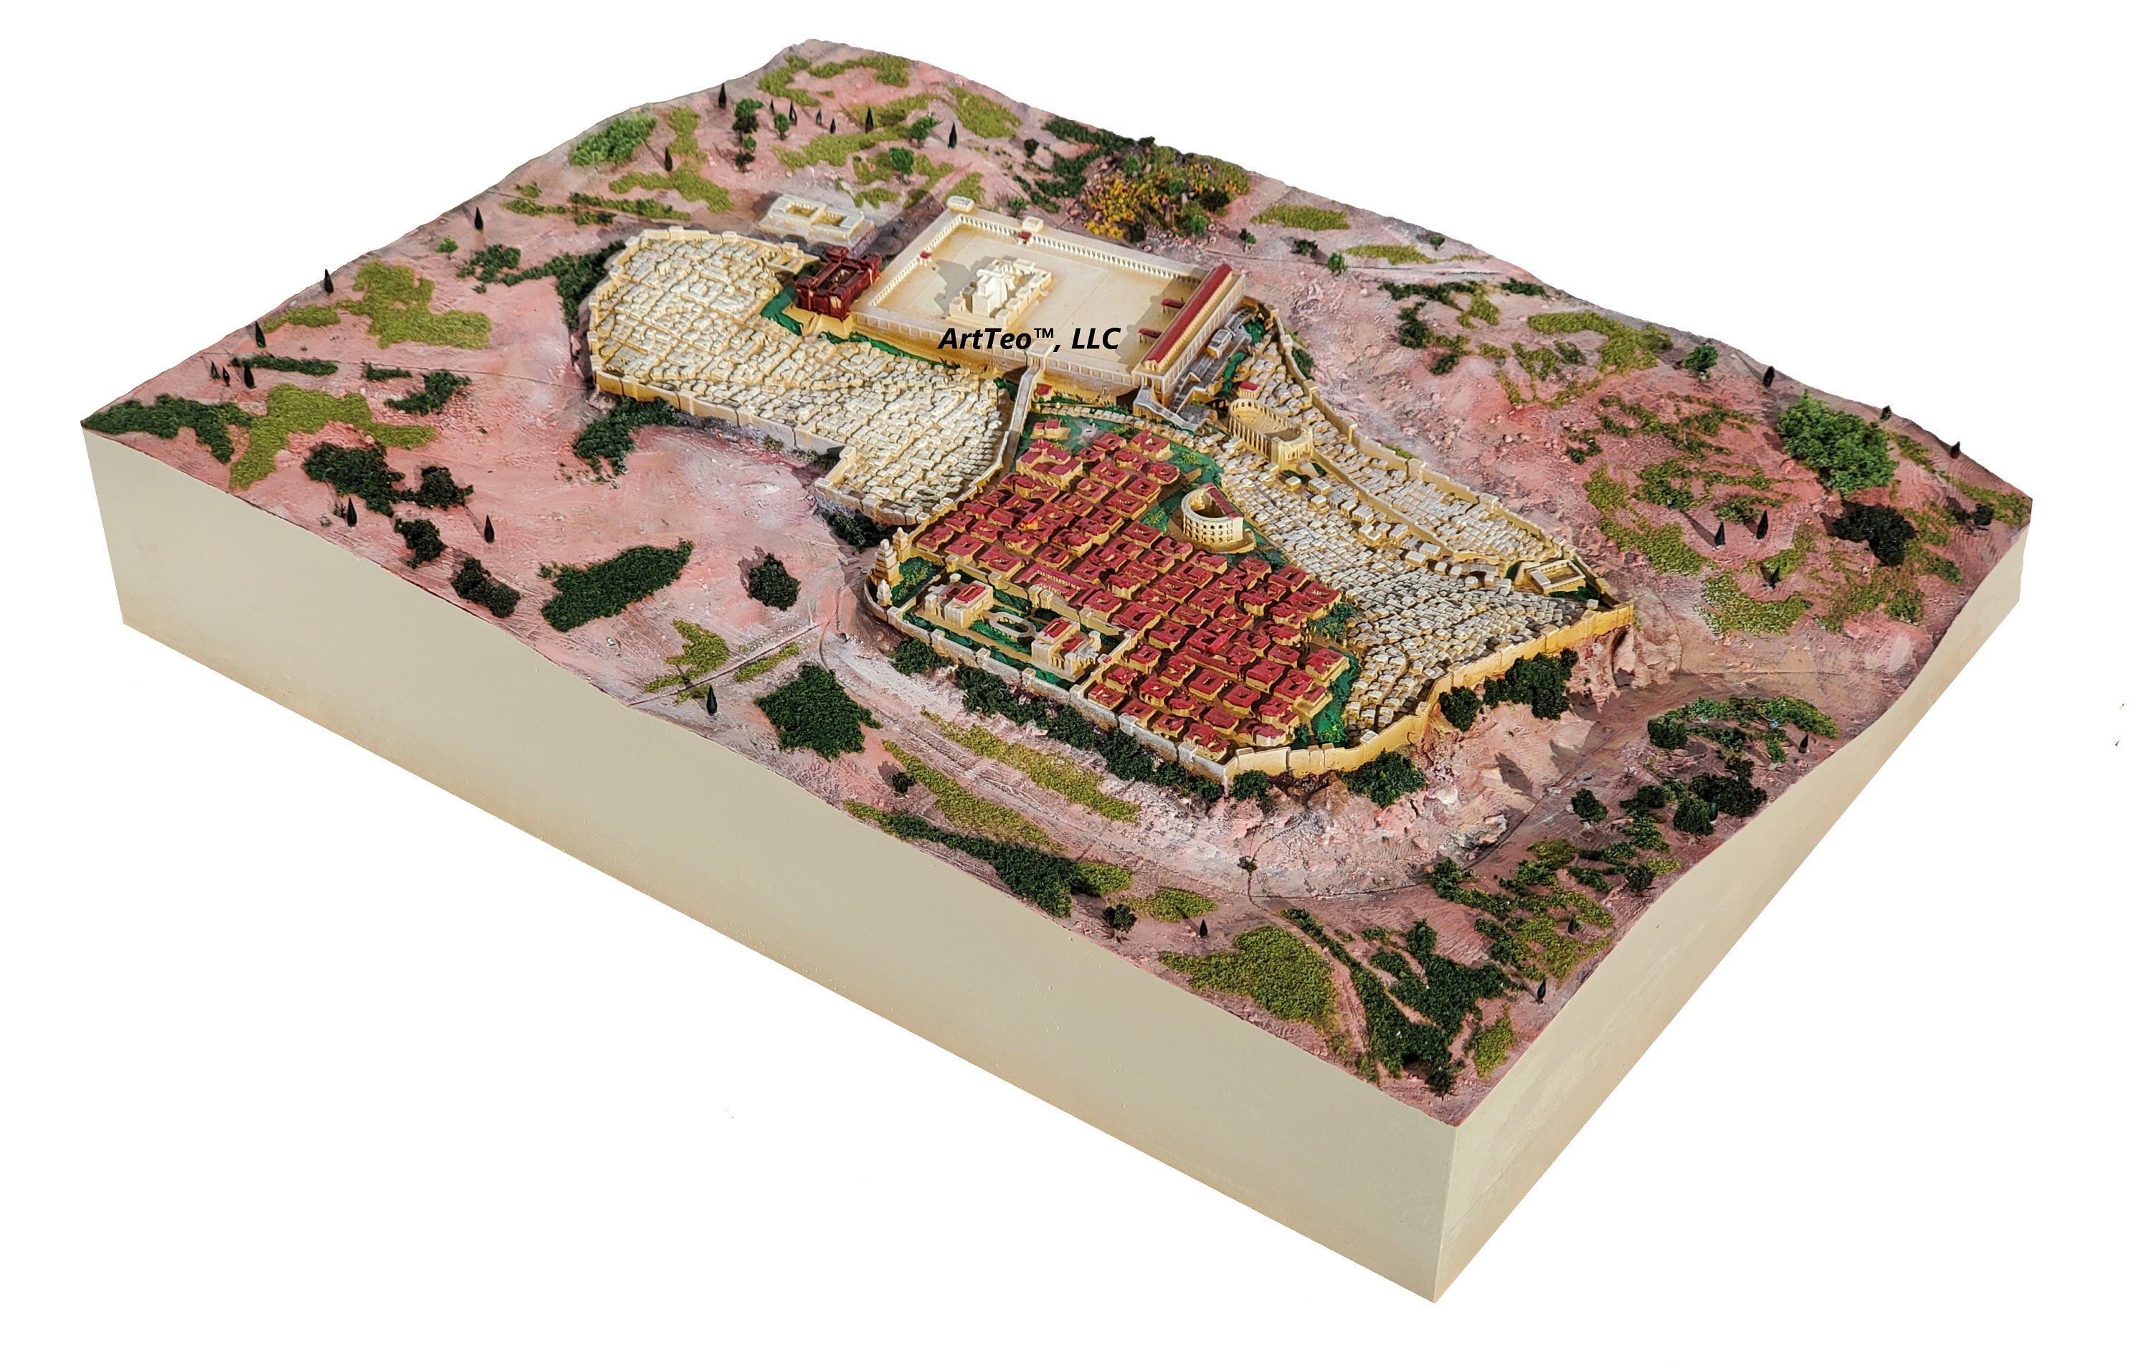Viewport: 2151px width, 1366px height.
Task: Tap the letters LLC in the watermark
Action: click(x=1097, y=338)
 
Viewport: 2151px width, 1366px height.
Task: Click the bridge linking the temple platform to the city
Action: click(x=1025, y=389)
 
